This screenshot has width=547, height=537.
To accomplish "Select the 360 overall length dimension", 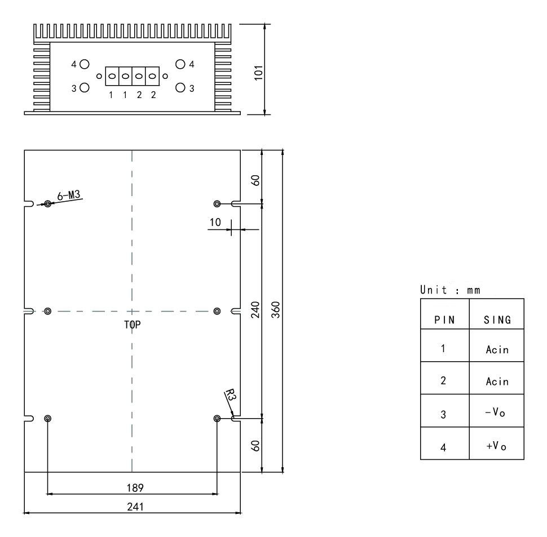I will [x=276, y=310].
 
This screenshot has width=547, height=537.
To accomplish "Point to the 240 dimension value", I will [x=255, y=310].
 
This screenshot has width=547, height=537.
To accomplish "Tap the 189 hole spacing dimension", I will [x=131, y=486].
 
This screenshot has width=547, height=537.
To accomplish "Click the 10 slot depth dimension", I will [x=215, y=222].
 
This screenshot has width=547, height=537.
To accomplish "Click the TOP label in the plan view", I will [x=132, y=325].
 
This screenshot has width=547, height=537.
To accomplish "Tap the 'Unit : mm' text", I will [x=448, y=290].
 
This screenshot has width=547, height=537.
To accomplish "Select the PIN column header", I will [x=444, y=320].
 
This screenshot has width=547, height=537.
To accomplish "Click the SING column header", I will [x=497, y=320].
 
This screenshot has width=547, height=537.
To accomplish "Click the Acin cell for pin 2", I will [x=497, y=381].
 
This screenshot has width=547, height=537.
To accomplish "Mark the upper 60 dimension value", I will [x=255, y=180].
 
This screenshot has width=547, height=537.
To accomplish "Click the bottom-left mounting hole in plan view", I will [x=47, y=418].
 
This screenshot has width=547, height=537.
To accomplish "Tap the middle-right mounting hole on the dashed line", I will [x=218, y=311].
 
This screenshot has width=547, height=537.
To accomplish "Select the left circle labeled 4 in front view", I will [x=84, y=64].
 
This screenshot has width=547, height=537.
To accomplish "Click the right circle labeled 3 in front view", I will [x=181, y=87].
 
